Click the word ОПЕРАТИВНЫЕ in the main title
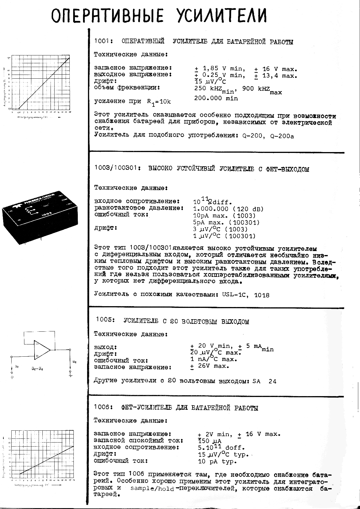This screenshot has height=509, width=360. click(107, 16)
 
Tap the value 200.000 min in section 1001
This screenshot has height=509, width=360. click(216, 98)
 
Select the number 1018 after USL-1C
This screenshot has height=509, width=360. click(262, 295)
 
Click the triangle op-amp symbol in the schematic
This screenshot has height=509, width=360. click(42, 350)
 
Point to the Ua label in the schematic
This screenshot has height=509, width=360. click(74, 362)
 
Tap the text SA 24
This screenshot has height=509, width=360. click(264, 381)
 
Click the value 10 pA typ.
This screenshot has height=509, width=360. click(217, 461)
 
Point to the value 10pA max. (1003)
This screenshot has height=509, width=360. click(224, 216)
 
